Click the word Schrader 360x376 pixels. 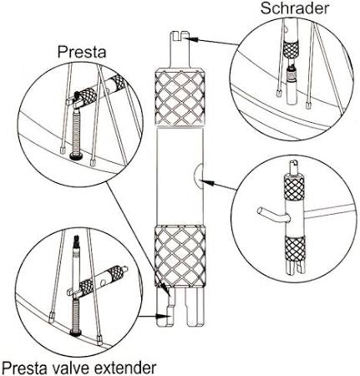click(x=295, y=8)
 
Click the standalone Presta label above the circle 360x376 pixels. click(x=82, y=52)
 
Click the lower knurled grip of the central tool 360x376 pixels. click(x=180, y=257)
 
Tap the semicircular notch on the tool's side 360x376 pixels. click(x=198, y=175)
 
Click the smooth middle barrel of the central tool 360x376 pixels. click(x=180, y=176)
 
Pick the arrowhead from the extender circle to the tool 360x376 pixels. click(x=164, y=316)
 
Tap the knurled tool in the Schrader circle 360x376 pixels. click(x=291, y=49)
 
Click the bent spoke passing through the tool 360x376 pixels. click(x=274, y=214)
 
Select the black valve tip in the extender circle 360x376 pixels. click(x=76, y=240)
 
